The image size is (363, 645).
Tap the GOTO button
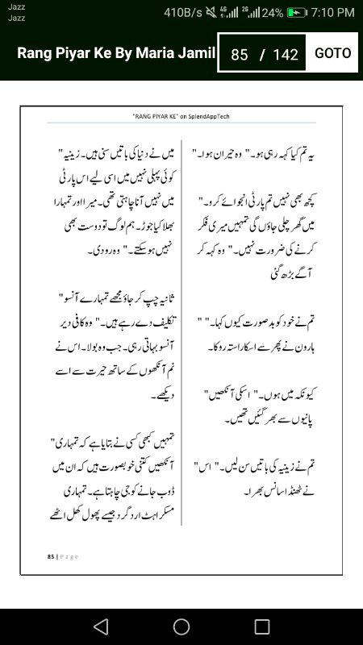333,53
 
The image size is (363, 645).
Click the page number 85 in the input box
239,55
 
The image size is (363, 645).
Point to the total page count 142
286,55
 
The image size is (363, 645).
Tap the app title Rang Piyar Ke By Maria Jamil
116,53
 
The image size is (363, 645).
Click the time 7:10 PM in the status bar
332,12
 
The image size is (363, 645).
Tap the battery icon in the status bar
298,13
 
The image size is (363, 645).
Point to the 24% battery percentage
273,13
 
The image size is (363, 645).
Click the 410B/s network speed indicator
182,12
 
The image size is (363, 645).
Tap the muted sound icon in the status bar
211,13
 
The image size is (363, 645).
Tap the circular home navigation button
181,626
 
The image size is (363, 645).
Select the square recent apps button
262,626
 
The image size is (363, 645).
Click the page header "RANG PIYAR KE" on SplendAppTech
181,116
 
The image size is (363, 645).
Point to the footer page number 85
50,556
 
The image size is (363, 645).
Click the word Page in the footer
69,556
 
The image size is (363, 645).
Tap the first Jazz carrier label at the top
16,6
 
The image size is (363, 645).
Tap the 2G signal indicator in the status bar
248,12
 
